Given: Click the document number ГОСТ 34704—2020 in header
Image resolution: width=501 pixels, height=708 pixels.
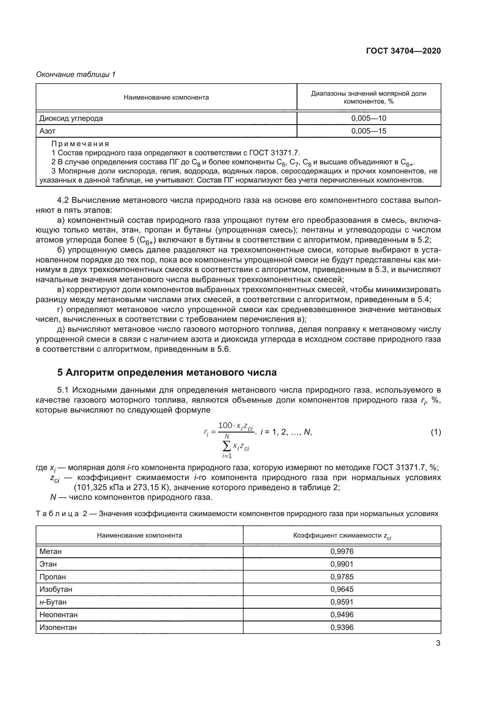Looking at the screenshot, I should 403,51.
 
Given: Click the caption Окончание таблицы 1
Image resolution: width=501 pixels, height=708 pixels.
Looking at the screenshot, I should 76,74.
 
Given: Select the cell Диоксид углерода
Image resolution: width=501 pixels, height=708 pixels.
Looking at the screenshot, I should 71,118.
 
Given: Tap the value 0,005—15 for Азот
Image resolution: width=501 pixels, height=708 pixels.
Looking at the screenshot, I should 369,131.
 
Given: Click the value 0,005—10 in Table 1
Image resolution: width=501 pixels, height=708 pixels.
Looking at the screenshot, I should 369,118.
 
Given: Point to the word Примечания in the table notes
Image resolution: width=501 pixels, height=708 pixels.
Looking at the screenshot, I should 80,144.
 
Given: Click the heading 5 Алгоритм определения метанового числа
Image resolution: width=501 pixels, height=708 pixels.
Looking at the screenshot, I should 167,373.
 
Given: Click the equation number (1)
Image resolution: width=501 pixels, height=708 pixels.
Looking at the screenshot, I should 436,432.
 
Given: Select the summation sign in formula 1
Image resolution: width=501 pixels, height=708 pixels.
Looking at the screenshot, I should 227,445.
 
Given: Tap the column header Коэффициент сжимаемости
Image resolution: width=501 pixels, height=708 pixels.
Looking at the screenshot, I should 342,535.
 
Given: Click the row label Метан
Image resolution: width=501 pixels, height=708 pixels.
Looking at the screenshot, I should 51,551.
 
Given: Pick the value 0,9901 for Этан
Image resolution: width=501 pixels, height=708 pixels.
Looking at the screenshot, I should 342,564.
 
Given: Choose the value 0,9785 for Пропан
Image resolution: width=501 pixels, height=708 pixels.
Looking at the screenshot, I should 342,577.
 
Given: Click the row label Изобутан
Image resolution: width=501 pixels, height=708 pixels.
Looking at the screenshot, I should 56,589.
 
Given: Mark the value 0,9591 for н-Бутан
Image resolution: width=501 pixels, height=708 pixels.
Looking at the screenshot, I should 342,602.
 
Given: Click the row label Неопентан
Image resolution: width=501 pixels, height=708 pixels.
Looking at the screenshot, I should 59,614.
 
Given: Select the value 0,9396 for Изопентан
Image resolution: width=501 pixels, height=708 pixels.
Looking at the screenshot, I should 342,627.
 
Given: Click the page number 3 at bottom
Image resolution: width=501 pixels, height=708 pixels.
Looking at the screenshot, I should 438,643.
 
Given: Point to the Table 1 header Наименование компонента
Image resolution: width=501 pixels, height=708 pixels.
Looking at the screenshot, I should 166,97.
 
